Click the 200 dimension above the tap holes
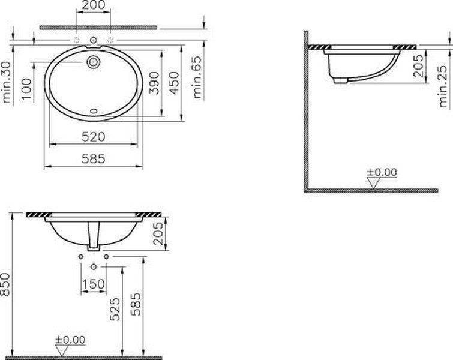pos(94,5)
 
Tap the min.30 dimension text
pos(7,82)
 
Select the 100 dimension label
pos(27,89)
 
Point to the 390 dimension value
pos(154,83)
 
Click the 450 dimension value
pos(174,83)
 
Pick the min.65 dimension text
pos(197,77)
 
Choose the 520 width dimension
pos(94,137)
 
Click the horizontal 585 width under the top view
pos(94,158)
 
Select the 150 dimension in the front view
pos(94,284)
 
